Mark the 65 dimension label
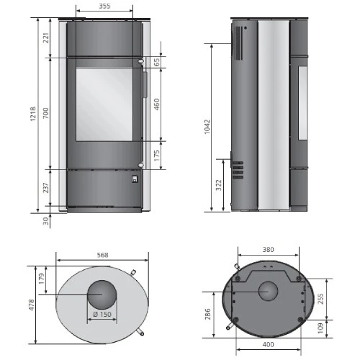point(156,62)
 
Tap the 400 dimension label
point(268,346)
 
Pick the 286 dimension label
point(209,315)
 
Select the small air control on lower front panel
point(134,179)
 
